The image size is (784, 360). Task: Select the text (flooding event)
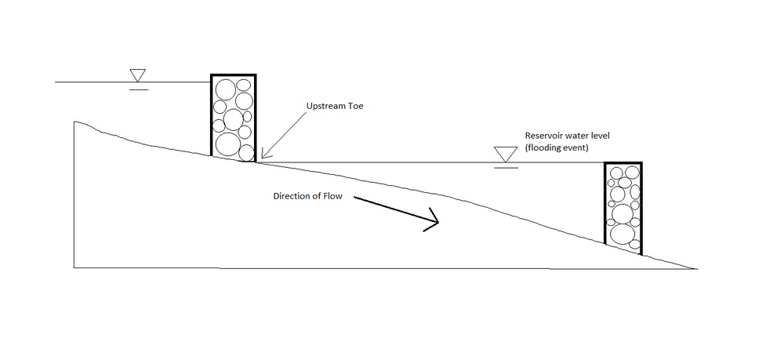click(x=556, y=147)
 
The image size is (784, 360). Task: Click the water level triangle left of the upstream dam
click(x=139, y=76)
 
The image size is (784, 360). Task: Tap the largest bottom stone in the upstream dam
click(x=227, y=144)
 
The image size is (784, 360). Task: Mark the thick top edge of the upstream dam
click(x=233, y=77)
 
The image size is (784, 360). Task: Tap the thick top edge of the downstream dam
click(x=623, y=164)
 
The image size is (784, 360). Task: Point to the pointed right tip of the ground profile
click(x=695, y=268)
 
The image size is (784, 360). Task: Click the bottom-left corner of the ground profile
click(x=74, y=267)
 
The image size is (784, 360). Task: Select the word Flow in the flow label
click(x=333, y=196)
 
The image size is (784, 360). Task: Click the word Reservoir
click(x=546, y=136)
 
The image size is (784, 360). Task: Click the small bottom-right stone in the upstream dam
click(x=246, y=152)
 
